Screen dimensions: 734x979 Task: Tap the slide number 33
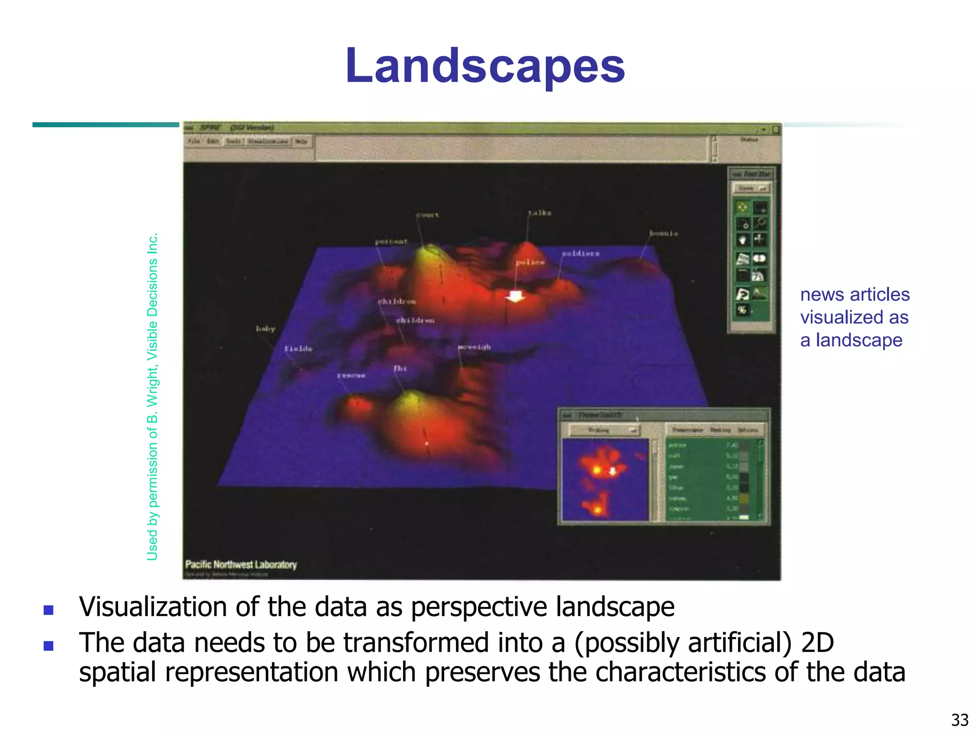(959, 719)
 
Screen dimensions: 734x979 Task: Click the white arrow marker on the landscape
(515, 296)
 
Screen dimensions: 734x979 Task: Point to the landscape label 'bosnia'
(663, 233)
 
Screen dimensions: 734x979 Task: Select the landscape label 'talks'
(539, 213)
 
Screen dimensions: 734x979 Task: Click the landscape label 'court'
(427, 215)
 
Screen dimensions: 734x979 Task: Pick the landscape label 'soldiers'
(580, 253)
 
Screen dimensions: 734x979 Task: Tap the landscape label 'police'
(530, 262)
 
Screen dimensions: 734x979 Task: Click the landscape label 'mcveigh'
(474, 346)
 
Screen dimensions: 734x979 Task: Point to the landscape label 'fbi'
(400, 368)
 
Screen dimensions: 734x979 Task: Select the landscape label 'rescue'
(351, 376)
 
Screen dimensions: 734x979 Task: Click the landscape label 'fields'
(298, 349)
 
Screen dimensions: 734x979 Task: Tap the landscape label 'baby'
(265, 329)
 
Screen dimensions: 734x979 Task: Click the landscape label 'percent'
(391, 242)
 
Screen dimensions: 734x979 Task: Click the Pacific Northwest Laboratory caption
(241, 564)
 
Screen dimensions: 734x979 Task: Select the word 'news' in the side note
(822, 295)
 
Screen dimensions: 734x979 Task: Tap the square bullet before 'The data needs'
(48, 646)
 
